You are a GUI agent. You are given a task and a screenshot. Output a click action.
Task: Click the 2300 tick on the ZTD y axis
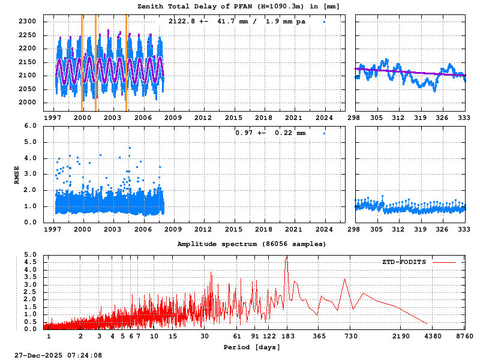coord(29,22)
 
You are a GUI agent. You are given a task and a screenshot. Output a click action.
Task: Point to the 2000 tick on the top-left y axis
coord(29,103)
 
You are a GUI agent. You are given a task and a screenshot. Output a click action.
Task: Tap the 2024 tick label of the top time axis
coord(325,118)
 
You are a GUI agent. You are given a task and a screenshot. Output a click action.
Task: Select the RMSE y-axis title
coord(17,175)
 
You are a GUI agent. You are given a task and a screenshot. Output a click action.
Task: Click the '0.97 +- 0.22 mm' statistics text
coord(270,133)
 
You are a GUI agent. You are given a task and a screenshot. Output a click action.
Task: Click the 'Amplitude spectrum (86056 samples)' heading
coord(252,244)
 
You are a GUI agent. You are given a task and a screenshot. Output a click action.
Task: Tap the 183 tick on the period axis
coord(287,337)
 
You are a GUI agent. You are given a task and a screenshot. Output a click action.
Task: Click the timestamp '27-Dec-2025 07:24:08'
coord(58,356)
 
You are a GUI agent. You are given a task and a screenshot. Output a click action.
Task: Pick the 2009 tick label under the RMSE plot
coord(173,229)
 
